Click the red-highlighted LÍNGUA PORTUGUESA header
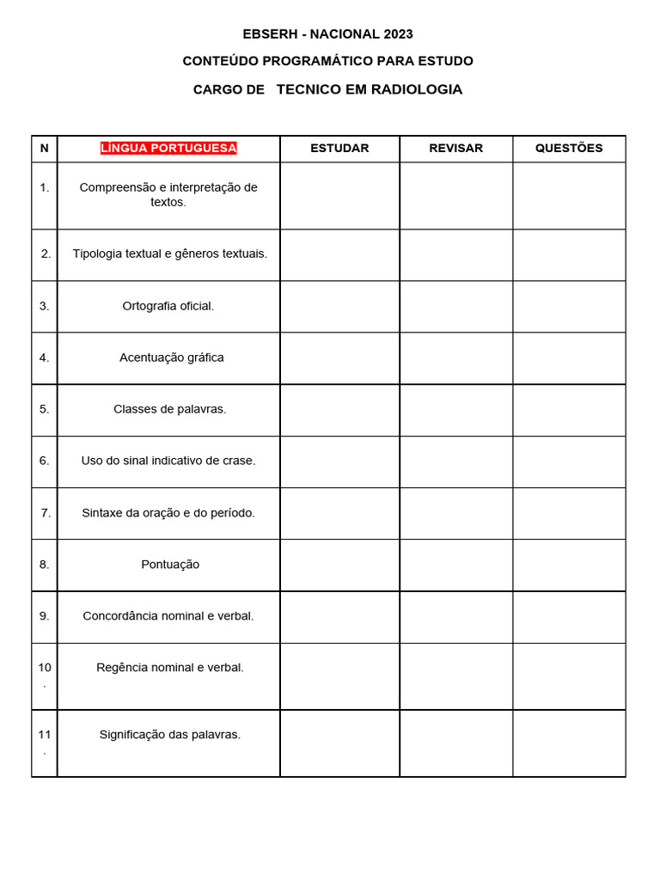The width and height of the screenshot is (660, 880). click(x=168, y=148)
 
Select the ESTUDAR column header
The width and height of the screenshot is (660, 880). click(x=339, y=148)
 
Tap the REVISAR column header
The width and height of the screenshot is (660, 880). click(x=455, y=148)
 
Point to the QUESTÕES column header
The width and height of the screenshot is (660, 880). click(x=569, y=148)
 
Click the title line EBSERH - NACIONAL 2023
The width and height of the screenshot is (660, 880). click(x=327, y=34)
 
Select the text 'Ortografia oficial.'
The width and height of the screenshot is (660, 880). click(x=168, y=306)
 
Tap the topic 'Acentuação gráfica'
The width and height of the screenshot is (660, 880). click(x=171, y=357)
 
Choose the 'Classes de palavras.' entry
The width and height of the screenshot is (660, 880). click(x=170, y=409)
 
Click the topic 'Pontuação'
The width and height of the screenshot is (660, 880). click(x=170, y=565)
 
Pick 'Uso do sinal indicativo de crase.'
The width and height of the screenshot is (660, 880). click(x=168, y=461)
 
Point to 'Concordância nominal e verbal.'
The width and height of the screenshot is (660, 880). click(x=168, y=616)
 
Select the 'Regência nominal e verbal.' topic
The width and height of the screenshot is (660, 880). click(x=170, y=668)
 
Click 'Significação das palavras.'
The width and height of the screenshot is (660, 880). click(x=170, y=735)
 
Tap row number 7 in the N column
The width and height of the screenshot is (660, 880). click(x=46, y=513)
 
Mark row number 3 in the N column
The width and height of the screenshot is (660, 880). click(x=45, y=306)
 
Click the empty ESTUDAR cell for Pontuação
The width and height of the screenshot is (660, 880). click(x=339, y=565)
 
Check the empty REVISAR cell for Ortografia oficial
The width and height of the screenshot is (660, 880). click(x=455, y=306)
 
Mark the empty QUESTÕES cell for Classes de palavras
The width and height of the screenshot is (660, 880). click(x=569, y=409)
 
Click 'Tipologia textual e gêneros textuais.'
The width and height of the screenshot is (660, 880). click(x=170, y=254)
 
